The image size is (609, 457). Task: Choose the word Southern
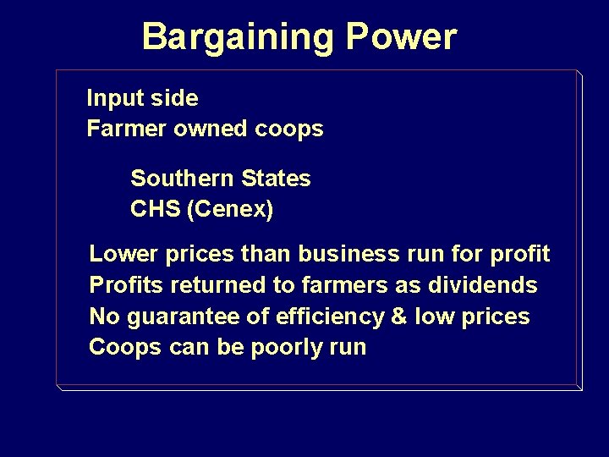[x=183, y=179]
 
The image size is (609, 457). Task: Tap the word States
[x=276, y=179]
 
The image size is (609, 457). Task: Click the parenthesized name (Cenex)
[x=231, y=210]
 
